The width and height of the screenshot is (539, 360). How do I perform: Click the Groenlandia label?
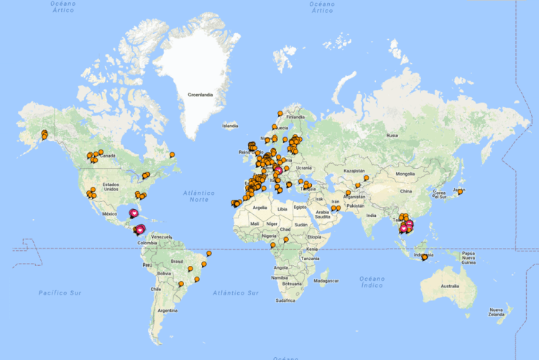(199, 94)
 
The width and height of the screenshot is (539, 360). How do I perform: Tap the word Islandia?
(230, 126)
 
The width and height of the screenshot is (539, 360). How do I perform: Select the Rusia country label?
(392, 135)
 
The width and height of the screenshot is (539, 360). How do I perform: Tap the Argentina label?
(167, 310)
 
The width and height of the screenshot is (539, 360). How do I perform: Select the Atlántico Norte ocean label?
(198, 196)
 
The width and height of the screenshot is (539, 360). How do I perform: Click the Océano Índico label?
(373, 282)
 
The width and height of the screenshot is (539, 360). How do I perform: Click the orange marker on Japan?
(460, 191)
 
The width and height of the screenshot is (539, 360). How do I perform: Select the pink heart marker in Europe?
(278, 170)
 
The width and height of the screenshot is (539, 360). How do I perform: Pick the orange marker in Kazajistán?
(366, 177)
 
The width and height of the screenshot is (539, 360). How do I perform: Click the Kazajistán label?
(355, 172)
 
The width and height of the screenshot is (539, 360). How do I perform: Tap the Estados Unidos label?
(110, 185)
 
